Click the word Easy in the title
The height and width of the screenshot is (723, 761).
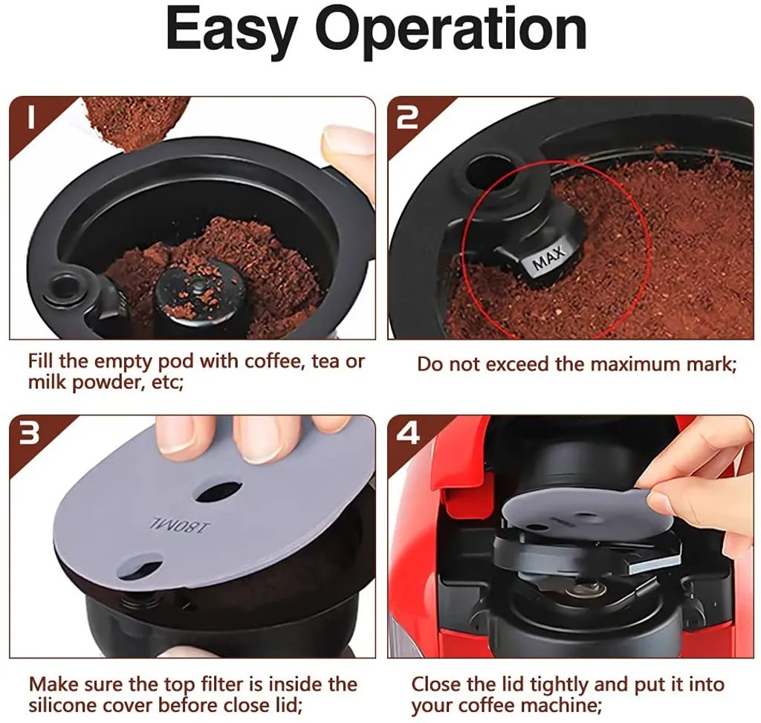point(231,30)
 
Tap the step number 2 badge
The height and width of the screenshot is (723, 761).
point(407,118)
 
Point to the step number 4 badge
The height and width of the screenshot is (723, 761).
point(408,433)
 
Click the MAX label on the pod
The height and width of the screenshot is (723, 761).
point(549,258)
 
